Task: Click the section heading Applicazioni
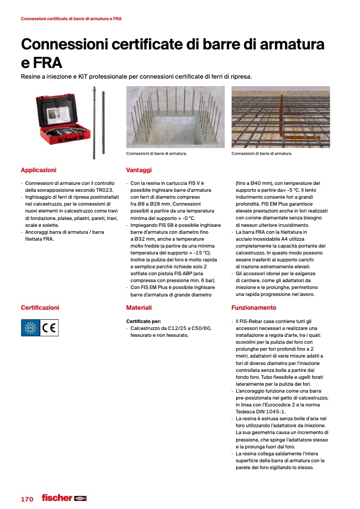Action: pos(38,170)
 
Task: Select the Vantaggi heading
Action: pos(139,170)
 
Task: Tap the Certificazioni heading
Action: pos(40,308)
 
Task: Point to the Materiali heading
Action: pos(139,308)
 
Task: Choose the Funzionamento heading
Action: pos(254,308)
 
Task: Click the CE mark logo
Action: pos(52,328)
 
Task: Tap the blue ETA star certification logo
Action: pos(30,328)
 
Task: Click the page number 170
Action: pos(27,499)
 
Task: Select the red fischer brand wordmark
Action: pos(57,498)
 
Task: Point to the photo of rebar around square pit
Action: pos(175,117)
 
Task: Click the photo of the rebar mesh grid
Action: pos(280,117)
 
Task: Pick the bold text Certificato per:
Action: pos(143,321)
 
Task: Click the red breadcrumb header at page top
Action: pos(71,19)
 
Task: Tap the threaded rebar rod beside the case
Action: pos(95,122)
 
